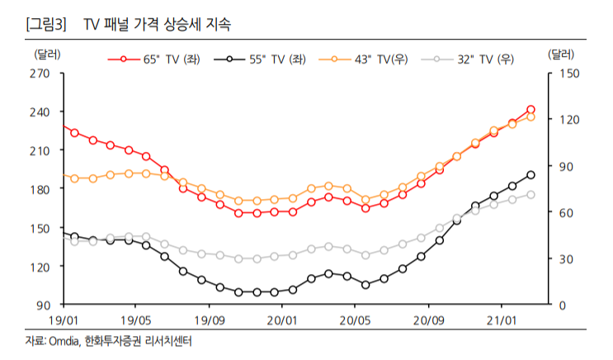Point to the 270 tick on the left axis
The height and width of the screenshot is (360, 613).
[40, 73]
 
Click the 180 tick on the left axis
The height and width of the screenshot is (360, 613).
[40, 189]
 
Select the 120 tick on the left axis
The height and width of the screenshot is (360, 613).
[40, 267]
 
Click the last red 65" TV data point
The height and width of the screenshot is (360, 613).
[530, 109]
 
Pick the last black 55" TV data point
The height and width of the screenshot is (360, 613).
[530, 175]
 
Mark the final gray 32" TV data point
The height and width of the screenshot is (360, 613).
[530, 195]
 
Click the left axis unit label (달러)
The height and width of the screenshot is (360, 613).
[47, 54]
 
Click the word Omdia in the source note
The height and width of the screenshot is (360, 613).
[64, 340]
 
